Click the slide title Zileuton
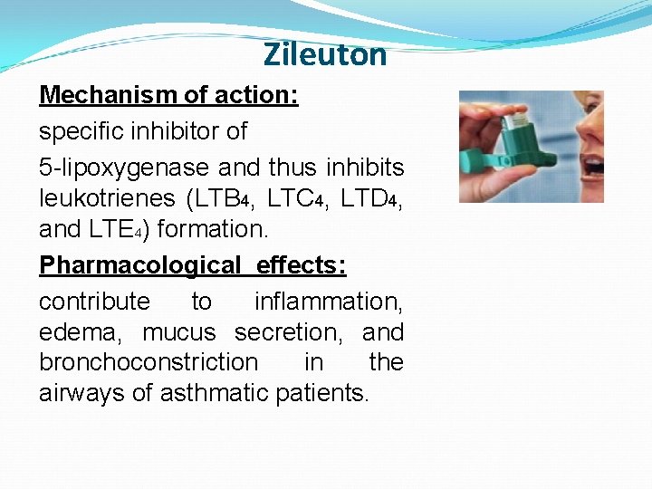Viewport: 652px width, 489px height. [325, 55]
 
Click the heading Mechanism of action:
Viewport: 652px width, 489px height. [168, 95]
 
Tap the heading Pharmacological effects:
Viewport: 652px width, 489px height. [193, 264]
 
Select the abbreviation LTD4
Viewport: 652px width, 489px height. [370, 197]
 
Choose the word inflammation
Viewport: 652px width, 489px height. [329, 301]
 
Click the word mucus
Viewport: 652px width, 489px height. [179, 332]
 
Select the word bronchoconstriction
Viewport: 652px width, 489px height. [149, 362]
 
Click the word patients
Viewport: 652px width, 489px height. [321, 393]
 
